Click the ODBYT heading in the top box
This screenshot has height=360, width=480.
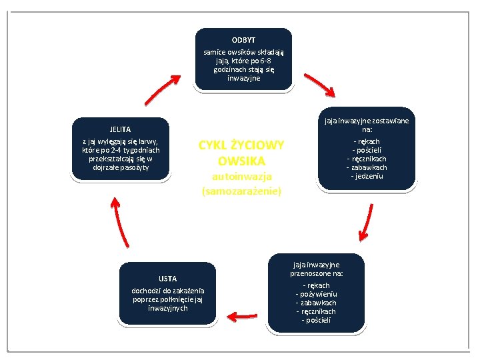click(x=243, y=40)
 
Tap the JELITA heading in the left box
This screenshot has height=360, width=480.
click(x=120, y=129)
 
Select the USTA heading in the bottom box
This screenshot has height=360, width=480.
click(x=167, y=278)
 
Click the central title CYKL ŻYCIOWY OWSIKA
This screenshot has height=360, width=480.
click(x=241, y=153)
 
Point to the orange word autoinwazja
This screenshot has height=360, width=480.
click(x=241, y=177)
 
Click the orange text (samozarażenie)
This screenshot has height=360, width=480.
click(x=241, y=191)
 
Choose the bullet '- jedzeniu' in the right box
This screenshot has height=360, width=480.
click(x=367, y=176)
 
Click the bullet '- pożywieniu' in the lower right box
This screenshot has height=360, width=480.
click(x=316, y=294)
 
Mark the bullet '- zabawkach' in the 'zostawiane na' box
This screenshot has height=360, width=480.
click(x=367, y=167)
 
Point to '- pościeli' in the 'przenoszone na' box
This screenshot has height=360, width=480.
click(x=316, y=320)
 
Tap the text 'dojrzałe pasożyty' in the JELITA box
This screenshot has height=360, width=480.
click(x=121, y=167)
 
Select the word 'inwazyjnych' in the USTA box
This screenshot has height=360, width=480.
click(x=167, y=308)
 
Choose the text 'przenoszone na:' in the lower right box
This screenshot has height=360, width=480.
click(x=316, y=273)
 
